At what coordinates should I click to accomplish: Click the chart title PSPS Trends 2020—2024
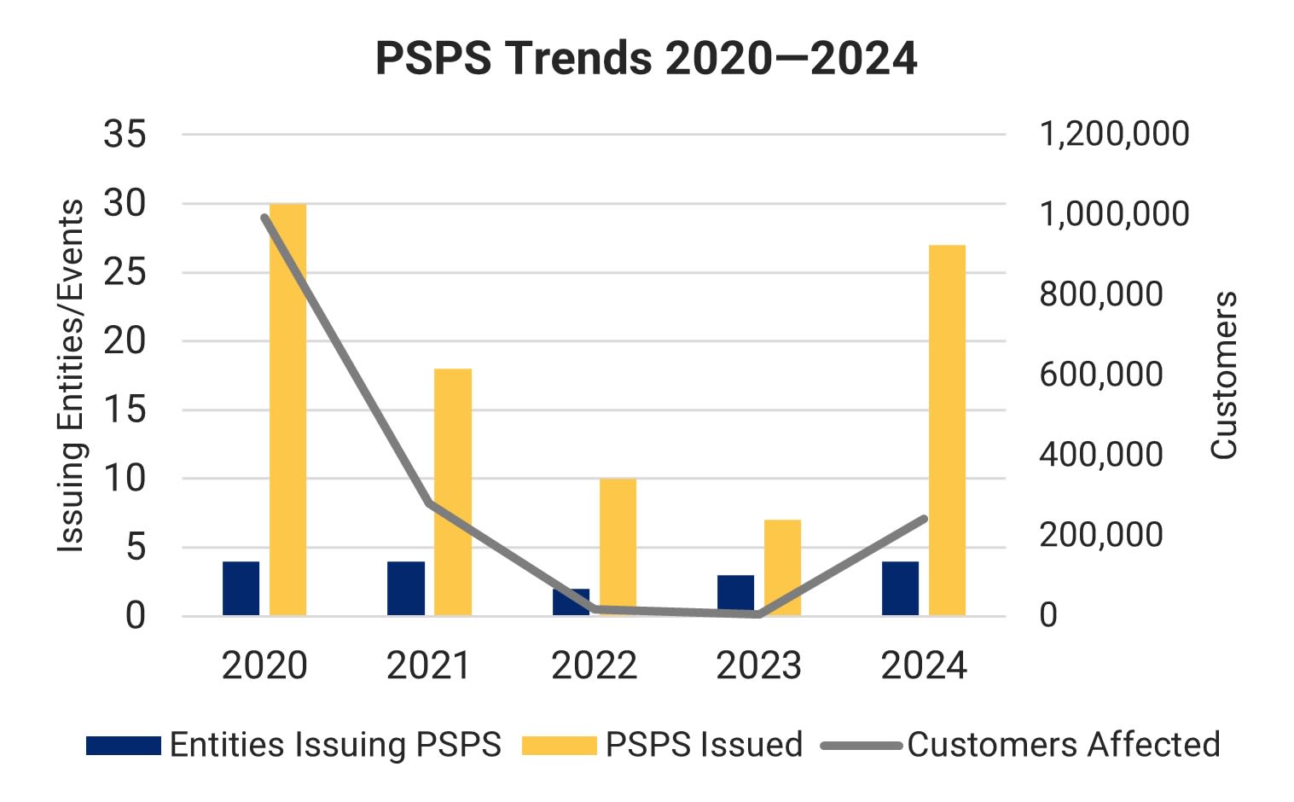[x=646, y=59]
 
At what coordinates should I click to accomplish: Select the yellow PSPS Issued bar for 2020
[x=287, y=410]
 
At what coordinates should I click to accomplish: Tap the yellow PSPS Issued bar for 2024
[x=947, y=430]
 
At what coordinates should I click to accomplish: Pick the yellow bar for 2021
[x=453, y=491]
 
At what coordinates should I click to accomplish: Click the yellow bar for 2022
[x=618, y=546]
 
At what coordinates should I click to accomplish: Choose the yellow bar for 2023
[x=782, y=567]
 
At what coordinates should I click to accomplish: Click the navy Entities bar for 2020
[x=241, y=589]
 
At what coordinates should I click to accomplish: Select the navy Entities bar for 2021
[x=406, y=589]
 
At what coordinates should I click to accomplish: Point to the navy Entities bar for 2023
[x=735, y=596]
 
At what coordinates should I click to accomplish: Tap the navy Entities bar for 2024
[x=900, y=589]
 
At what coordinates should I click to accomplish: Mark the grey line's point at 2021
[x=429, y=503]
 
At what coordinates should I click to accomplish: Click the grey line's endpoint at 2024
[x=924, y=519]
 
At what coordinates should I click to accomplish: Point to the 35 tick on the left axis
[x=125, y=134]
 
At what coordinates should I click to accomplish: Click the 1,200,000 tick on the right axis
[x=1113, y=134]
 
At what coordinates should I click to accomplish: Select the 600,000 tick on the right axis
[x=1100, y=375]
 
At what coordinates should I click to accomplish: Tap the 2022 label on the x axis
[x=594, y=666]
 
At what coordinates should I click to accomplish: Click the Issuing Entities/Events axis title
[x=72, y=375]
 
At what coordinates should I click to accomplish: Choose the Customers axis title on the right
[x=1224, y=375]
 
